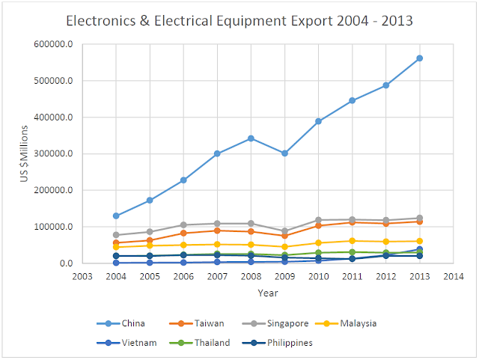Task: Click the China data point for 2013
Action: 419,58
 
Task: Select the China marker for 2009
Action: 284,153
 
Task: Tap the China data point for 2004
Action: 116,216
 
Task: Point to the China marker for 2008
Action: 251,138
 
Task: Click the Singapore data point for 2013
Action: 419,218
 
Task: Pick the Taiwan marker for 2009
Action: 284,236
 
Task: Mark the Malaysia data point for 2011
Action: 352,241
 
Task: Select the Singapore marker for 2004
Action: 116,235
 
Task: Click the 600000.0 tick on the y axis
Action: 55,44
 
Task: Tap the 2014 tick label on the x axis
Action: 453,276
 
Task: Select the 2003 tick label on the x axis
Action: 82,276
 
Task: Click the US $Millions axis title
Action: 24,154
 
